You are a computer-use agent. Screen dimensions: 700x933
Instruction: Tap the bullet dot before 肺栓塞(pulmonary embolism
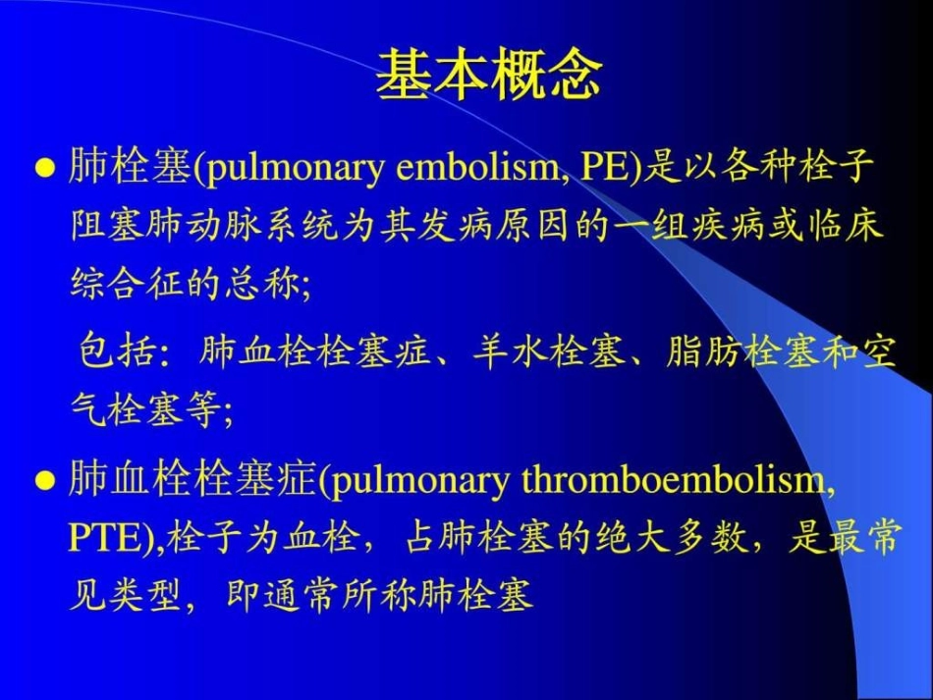[43, 168]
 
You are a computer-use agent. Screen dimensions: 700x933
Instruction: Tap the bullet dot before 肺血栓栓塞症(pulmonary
[43, 481]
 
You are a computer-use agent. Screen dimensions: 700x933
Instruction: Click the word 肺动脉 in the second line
[187, 227]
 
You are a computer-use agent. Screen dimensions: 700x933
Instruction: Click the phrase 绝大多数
[655, 539]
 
